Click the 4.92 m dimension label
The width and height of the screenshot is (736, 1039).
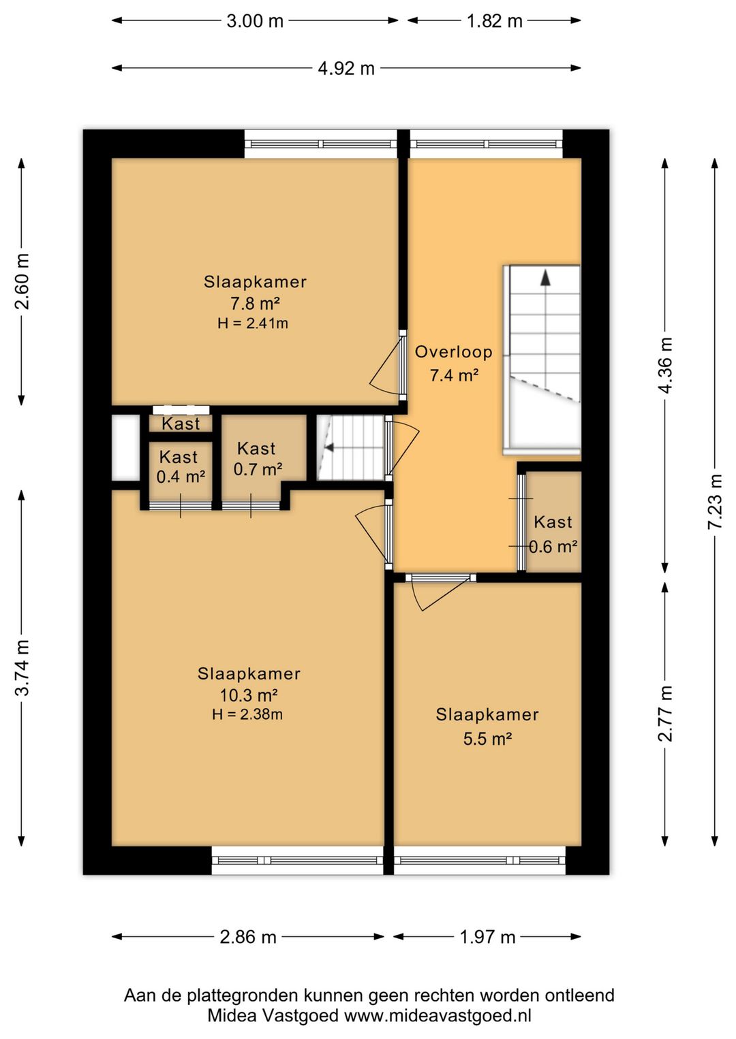click(x=346, y=69)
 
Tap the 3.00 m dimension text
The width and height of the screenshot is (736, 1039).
click(x=255, y=21)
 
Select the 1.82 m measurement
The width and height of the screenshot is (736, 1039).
click(x=495, y=21)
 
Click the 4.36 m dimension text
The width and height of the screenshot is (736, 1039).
click(x=665, y=366)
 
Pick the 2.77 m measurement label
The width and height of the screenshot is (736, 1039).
click(x=665, y=714)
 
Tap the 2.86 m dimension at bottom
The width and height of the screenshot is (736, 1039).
click(x=248, y=938)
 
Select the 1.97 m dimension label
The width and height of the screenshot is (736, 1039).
click(x=487, y=938)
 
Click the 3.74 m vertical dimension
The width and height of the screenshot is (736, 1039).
click(x=22, y=667)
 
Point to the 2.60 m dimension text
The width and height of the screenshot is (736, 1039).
click(x=22, y=282)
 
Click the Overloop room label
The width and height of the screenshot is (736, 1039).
click(x=453, y=352)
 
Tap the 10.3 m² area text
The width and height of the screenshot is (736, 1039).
click(x=249, y=695)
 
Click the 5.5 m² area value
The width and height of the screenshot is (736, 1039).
click(x=487, y=739)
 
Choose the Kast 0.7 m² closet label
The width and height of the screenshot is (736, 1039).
click(x=257, y=459)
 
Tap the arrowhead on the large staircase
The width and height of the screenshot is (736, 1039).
click(x=545, y=277)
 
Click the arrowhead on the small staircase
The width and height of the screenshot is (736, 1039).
click(x=329, y=447)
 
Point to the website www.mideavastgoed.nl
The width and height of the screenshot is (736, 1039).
click(x=438, y=1016)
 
